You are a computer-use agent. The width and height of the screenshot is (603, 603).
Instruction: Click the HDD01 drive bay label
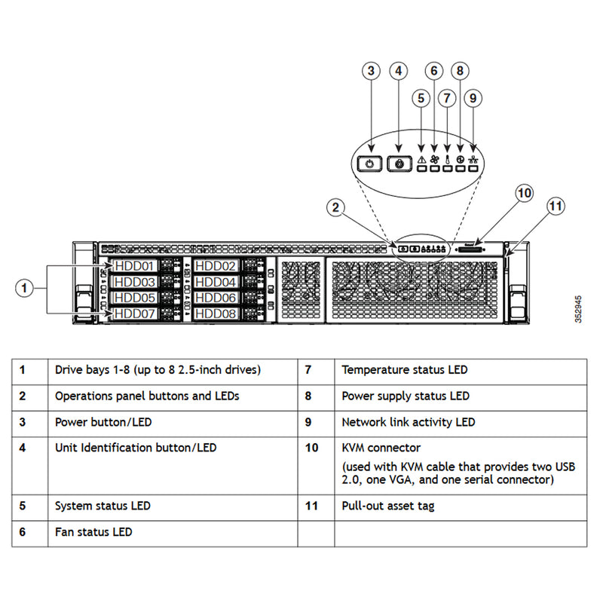[x=135, y=266]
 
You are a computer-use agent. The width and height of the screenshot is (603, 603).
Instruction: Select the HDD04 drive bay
[x=216, y=282]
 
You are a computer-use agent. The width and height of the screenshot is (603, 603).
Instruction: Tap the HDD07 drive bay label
[x=135, y=313]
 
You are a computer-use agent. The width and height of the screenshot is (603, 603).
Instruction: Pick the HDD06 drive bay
[x=216, y=298]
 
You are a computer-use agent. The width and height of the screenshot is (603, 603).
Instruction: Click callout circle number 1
[x=25, y=287]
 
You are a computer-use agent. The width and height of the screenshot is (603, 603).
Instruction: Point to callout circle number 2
[x=337, y=207]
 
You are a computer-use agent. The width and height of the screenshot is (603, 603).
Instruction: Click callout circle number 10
[x=524, y=192]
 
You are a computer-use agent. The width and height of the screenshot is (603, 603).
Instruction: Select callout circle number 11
[x=555, y=206]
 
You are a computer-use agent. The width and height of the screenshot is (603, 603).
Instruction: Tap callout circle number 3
[x=370, y=72]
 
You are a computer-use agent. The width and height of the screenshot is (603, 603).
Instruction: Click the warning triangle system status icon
[x=421, y=159]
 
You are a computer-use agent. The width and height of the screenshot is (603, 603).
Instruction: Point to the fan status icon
[x=434, y=159]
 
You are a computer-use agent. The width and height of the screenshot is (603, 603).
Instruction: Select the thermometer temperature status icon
[x=447, y=159]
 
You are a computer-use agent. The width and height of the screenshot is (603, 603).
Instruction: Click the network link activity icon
[x=473, y=159]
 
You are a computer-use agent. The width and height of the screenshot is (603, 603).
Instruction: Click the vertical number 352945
[x=577, y=309]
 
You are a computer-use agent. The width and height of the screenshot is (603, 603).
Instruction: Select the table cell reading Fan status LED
[x=93, y=532]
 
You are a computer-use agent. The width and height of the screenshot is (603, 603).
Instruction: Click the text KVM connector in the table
[x=381, y=448]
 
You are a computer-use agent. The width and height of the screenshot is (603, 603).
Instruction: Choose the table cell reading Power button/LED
[x=109, y=422]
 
